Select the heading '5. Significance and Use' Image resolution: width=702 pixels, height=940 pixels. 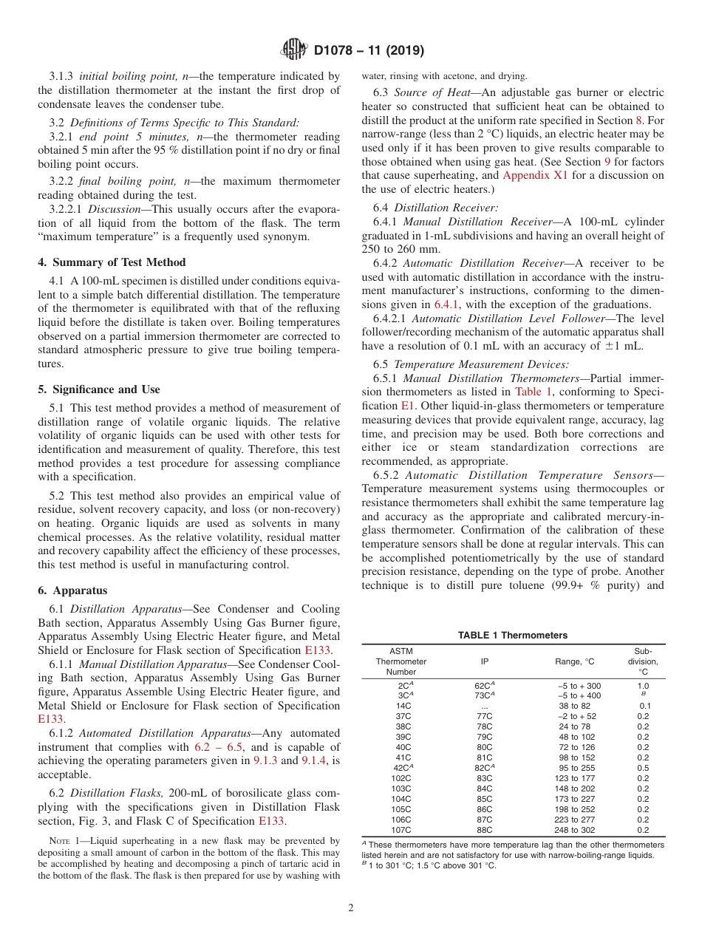point(98,389)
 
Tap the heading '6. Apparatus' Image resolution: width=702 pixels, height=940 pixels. point(72,590)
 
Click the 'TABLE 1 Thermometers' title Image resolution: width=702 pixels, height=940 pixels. point(512,636)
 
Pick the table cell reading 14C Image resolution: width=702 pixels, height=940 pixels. point(403,706)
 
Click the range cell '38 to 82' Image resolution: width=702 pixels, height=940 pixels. point(574,706)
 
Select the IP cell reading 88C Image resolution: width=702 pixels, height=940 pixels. point(484,829)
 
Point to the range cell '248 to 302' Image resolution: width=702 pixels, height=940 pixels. point(574,829)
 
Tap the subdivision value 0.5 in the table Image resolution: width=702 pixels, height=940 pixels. point(643,768)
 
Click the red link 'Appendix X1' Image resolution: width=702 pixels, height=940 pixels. point(535,176)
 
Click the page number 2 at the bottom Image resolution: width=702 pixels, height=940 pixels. point(350,908)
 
